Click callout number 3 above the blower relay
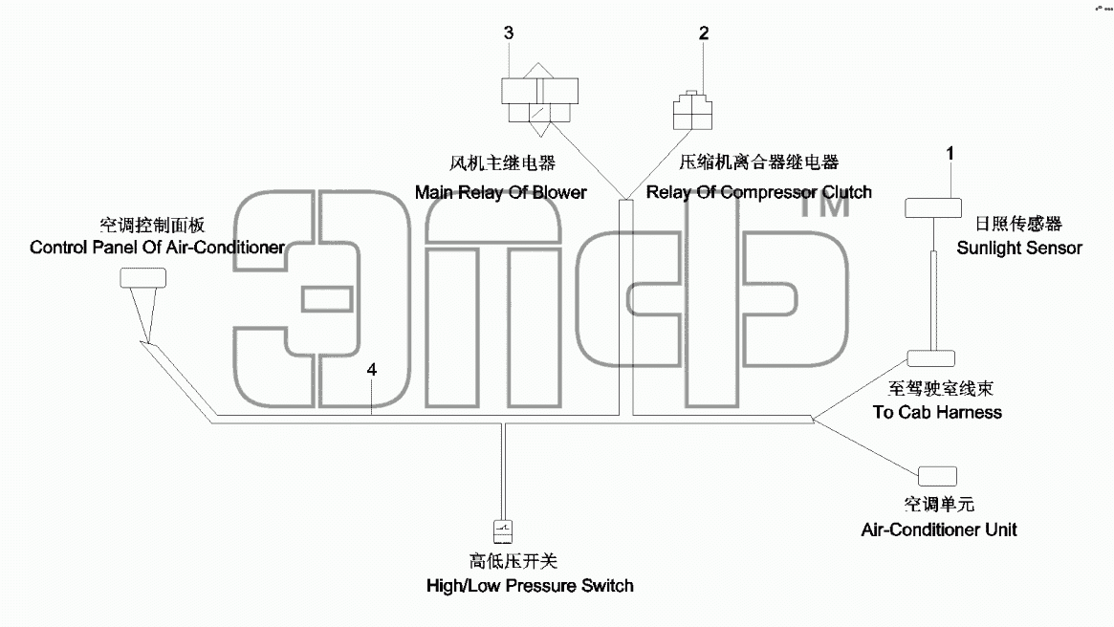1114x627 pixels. pos(509,32)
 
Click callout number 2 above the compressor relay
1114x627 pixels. pos(704,32)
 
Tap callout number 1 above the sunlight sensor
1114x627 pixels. pos(950,153)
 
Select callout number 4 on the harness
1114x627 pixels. pos(372,369)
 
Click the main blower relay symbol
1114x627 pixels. pos(540,99)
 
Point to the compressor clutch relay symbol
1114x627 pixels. pos(692,110)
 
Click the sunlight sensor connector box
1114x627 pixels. pos(933,207)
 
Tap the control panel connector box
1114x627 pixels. pos(142,277)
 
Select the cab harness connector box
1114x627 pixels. pos(930,357)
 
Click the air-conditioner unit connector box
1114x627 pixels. pos(937,476)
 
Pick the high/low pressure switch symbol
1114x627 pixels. pos(503,531)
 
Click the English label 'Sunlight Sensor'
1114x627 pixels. pos(1018,248)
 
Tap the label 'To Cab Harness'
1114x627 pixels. pos(937,412)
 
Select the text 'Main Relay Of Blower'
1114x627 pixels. pos(501,192)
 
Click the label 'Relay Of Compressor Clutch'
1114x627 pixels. pos(759,192)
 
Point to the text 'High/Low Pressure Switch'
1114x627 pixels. pos(530,586)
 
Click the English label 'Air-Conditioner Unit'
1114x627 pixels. pos(939,530)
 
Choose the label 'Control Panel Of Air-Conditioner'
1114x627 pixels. pos(157,248)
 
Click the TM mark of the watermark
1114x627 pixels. pos(825,205)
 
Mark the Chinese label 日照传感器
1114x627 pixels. pos(1018,224)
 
